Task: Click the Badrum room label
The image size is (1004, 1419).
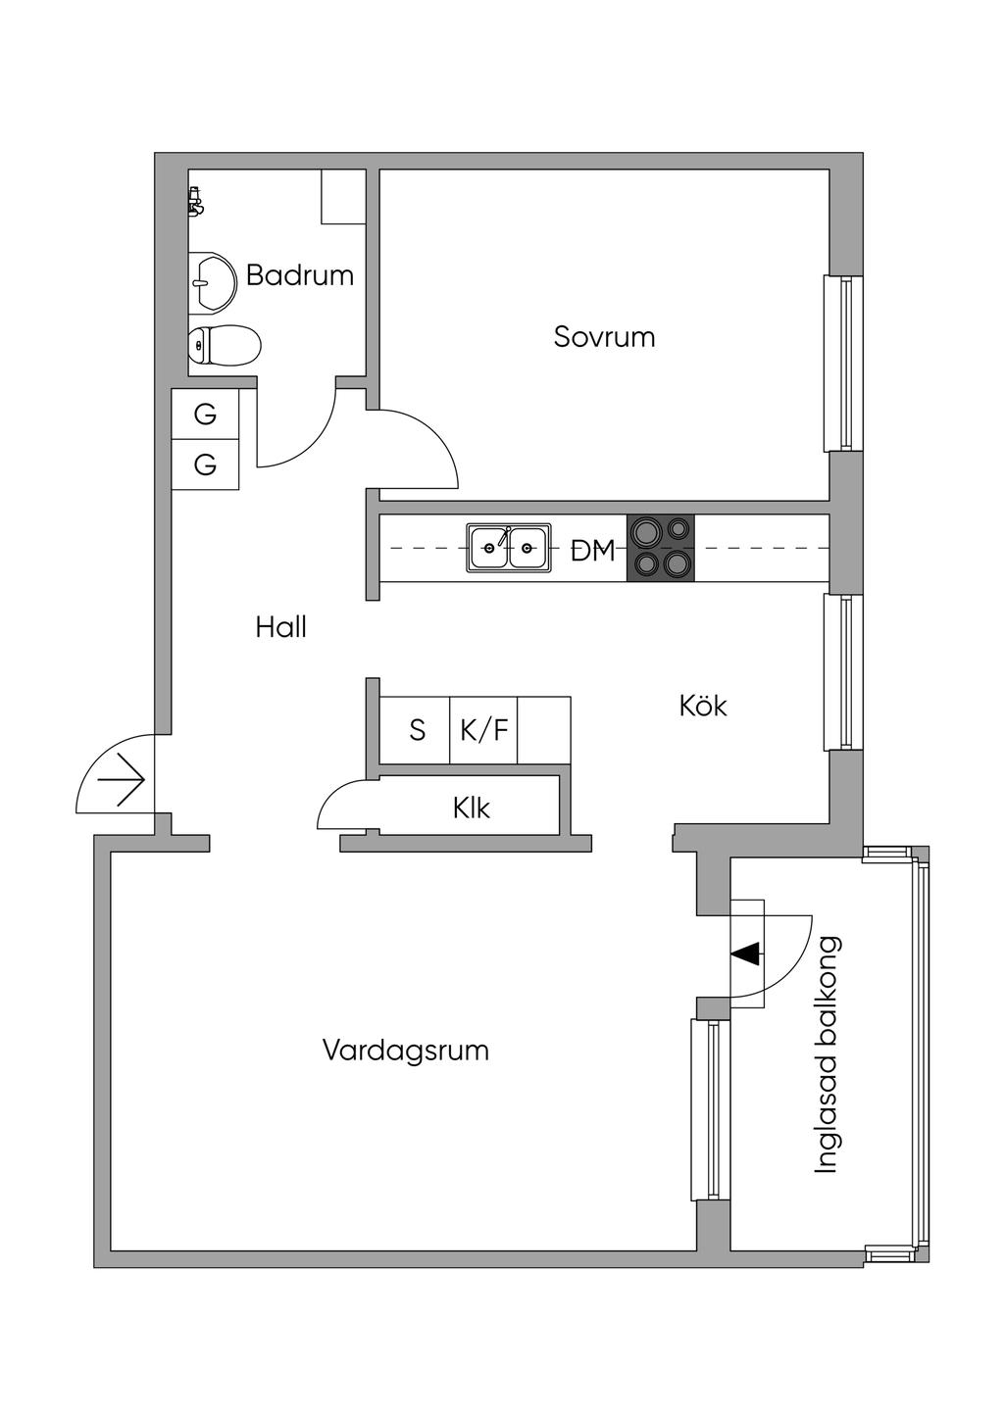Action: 299,275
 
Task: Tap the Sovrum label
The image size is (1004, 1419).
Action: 604,337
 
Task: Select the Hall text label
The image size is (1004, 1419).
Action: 281,627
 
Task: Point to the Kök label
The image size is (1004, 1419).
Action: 703,706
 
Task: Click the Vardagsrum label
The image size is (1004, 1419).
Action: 405,1051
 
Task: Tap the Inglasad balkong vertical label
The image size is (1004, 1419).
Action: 828,1054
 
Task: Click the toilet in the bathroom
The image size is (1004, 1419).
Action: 225,345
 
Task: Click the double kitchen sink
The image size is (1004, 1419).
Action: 508,548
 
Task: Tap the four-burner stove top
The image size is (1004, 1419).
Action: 660,548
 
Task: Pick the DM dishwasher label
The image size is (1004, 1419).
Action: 593,551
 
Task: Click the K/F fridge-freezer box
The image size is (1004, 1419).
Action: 484,730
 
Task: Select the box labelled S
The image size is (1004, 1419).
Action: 417,730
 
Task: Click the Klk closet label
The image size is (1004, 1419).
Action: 471,808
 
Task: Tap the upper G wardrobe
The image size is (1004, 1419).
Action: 205,415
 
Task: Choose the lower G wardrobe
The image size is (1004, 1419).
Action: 205,465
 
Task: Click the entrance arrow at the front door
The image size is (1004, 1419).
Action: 124,781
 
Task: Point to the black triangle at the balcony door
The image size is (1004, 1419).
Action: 747,953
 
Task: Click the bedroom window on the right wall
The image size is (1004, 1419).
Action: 842,364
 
